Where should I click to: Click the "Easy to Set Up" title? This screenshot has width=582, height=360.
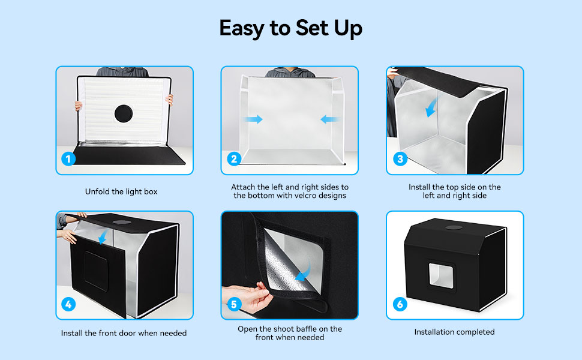click(290, 29)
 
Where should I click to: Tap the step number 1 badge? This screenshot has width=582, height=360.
click(68, 159)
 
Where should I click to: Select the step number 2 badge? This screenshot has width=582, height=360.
click(234, 159)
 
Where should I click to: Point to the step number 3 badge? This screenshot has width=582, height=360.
click(400, 159)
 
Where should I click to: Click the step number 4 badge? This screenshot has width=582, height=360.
click(68, 304)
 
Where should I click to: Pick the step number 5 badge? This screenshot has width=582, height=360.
click(234, 304)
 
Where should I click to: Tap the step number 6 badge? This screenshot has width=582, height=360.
click(400, 304)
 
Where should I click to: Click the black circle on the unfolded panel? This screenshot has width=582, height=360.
click(124, 113)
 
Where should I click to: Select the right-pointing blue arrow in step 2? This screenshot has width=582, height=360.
click(253, 119)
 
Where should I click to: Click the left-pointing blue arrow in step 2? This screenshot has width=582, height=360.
click(329, 119)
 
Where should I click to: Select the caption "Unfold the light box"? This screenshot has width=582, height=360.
click(121, 191)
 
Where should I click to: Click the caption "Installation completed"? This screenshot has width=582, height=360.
click(454, 332)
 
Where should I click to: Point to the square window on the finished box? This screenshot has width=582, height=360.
click(442, 276)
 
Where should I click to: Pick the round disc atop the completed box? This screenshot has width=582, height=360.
click(454, 227)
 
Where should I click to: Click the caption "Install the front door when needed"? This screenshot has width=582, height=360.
click(124, 333)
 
